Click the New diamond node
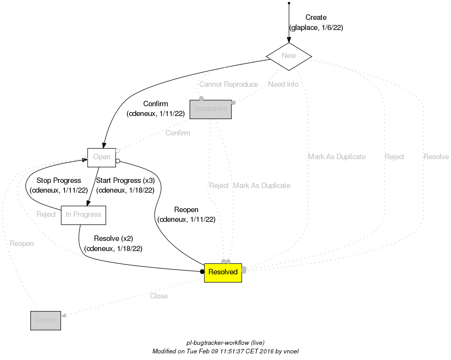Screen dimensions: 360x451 [288, 56]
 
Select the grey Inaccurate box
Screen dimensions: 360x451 [211, 109]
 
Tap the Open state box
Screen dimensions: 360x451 [102, 157]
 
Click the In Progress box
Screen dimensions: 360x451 [84, 215]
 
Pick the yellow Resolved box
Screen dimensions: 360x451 [223, 272]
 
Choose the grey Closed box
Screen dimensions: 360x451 [46, 320]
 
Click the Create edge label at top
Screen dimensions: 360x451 [316, 18]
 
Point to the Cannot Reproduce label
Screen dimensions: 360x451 [228, 84]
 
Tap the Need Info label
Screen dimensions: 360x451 [283, 84]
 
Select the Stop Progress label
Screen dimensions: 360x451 [59, 181]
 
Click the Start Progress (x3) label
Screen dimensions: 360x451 [125, 181]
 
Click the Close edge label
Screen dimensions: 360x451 [159, 296]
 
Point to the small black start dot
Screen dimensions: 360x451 [289, 3]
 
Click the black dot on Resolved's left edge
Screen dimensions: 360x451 [202, 272]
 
